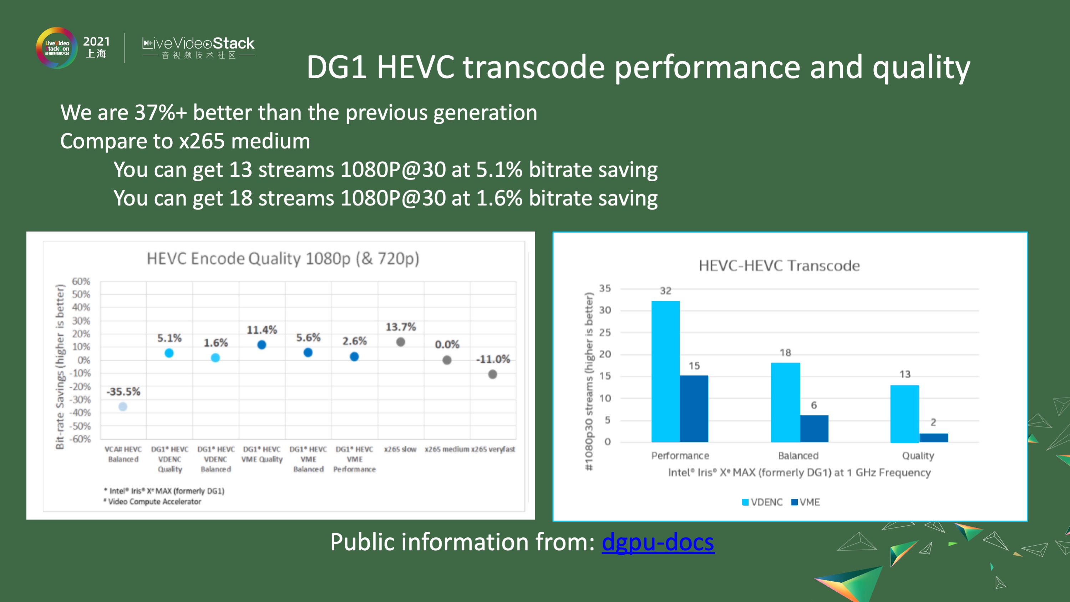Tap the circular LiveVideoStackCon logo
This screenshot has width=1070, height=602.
click(57, 48)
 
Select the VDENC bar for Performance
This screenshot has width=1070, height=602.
click(665, 371)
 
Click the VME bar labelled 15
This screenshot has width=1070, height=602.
click(694, 408)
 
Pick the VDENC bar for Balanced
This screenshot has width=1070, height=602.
click(785, 402)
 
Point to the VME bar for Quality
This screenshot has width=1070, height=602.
click(934, 437)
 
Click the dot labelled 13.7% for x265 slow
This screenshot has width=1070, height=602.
click(400, 342)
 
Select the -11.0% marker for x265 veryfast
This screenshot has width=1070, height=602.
click(493, 374)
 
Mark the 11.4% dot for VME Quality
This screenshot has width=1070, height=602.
click(262, 345)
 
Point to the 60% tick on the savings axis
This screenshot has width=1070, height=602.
click(81, 281)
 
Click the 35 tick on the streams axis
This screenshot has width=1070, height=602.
click(605, 288)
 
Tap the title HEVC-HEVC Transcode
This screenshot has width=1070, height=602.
click(779, 265)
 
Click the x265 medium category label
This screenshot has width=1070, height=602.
click(447, 449)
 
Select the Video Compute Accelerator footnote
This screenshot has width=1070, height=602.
click(154, 501)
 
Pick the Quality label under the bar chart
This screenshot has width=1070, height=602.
click(918, 456)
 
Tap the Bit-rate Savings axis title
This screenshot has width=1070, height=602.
click(60, 366)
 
